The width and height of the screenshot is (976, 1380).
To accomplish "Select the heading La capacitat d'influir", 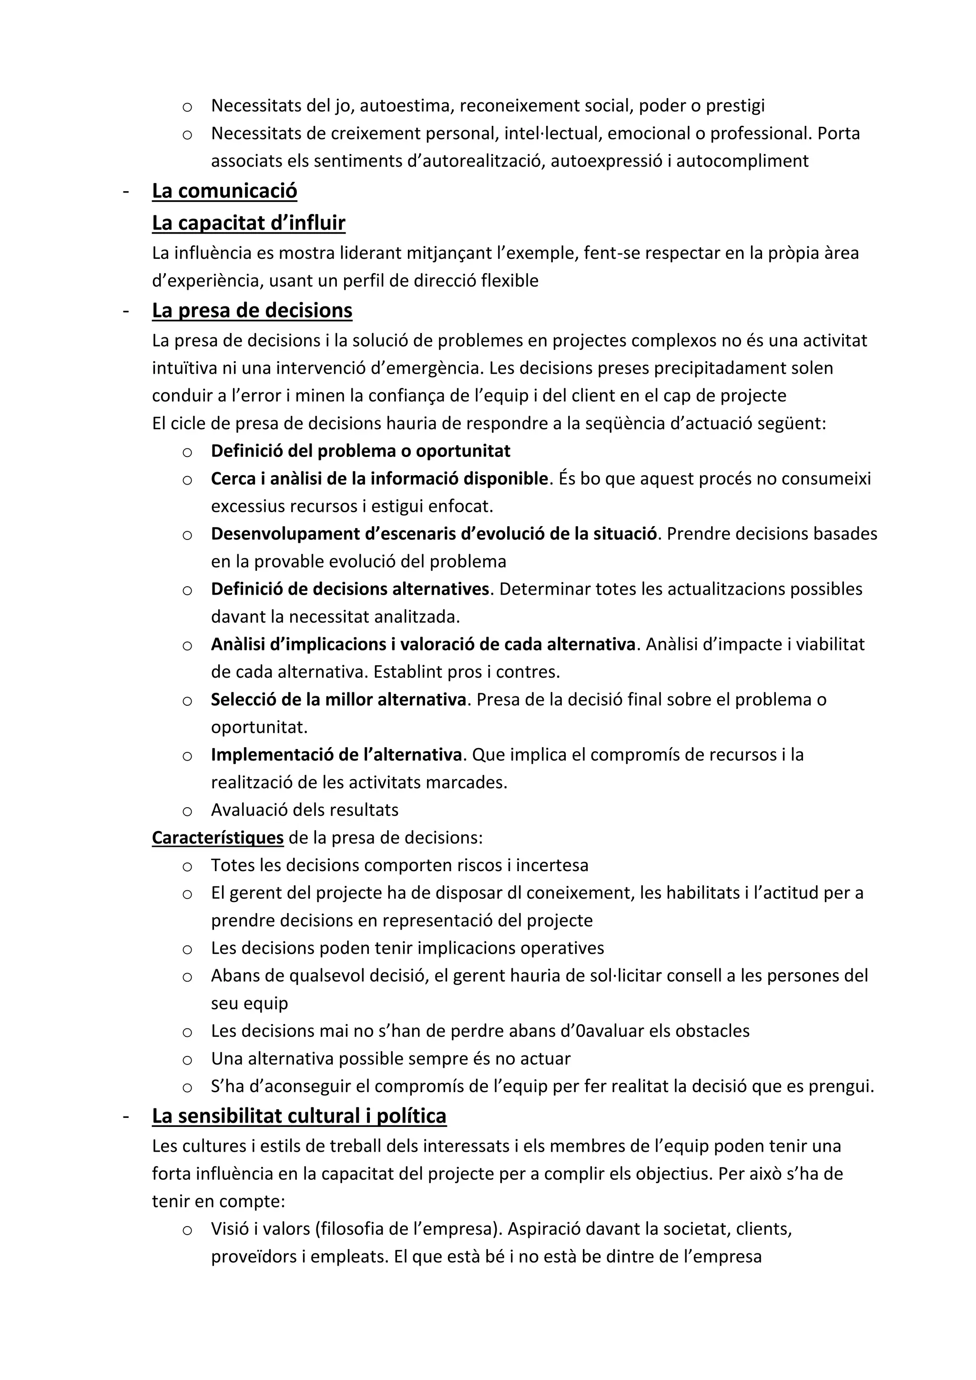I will click(x=248, y=223).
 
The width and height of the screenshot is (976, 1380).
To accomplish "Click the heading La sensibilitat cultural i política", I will click(x=299, y=1116).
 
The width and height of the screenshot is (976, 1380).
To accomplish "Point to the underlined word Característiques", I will click(x=218, y=838).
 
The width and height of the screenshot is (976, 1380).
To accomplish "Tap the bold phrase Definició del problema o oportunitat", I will click(x=361, y=451).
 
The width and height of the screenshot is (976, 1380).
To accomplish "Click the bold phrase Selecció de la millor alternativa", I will click(x=338, y=700).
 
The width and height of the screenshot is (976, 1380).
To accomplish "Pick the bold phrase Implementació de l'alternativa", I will click(x=336, y=755).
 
